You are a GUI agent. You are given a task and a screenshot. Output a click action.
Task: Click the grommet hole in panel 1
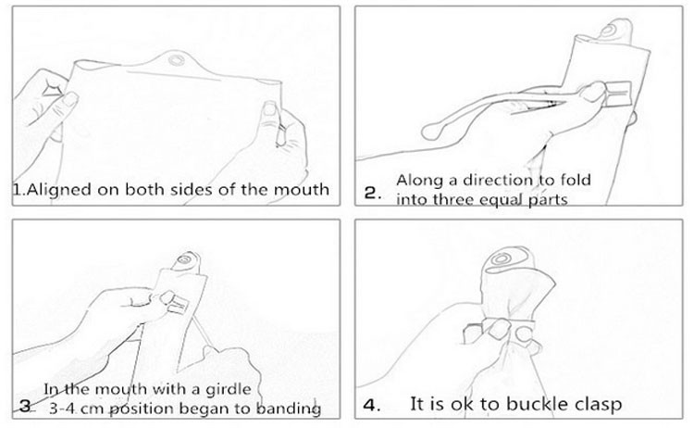point(177,59)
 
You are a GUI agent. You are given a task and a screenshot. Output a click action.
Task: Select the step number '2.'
point(372,194)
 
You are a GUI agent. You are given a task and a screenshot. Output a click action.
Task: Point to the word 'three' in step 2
point(452,199)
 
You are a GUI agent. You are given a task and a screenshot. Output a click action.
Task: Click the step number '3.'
point(26,407)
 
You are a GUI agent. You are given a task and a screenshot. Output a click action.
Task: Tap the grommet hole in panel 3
point(183,259)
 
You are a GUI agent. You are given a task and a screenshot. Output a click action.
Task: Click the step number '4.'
point(372,405)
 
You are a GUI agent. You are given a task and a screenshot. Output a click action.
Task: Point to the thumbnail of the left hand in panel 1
point(70,100)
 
